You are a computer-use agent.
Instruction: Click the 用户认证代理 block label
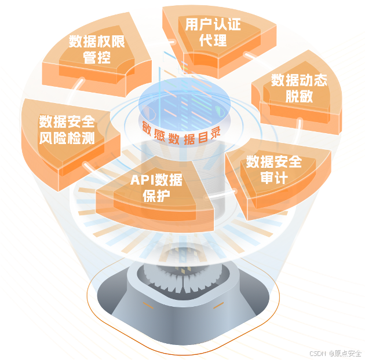[x=213, y=32]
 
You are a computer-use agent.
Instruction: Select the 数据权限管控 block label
[x=97, y=49]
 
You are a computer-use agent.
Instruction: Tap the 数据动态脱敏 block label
[x=299, y=87]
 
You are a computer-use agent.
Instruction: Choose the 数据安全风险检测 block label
[x=67, y=130]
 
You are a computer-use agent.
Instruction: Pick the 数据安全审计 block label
[x=274, y=168]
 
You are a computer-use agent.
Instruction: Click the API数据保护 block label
[x=156, y=188]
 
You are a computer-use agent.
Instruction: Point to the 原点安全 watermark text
[x=346, y=352]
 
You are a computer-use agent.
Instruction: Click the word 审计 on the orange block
[x=274, y=177]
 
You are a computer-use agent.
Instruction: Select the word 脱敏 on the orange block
[x=299, y=96]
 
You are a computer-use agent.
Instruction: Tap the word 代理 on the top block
[x=213, y=41]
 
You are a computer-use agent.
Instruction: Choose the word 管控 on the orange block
[x=97, y=58]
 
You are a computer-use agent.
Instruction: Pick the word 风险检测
[x=67, y=138]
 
